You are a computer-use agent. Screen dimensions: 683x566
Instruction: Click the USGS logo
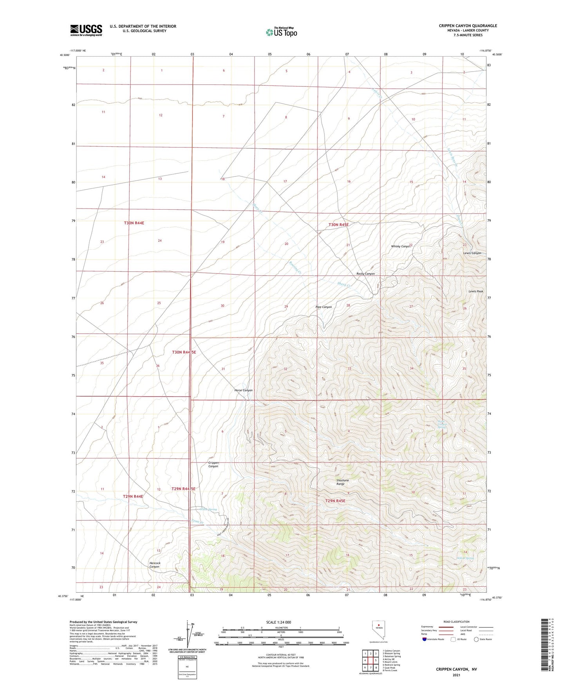coord(86,30)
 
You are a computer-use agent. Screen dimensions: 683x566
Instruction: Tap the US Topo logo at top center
coord(281,32)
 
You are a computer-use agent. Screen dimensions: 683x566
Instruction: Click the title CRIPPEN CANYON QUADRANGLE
coord(468,26)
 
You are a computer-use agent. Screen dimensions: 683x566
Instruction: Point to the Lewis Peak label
coord(476,291)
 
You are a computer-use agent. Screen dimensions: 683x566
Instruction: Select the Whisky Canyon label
coord(401,246)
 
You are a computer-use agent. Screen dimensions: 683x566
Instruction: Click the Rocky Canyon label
coord(365,274)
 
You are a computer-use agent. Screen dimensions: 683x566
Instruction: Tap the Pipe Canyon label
coord(324,307)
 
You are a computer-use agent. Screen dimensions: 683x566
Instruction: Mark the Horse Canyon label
coord(243,390)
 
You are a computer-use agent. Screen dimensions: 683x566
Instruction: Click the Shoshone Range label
coord(342,482)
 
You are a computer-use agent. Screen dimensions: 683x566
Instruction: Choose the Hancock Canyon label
coord(154,564)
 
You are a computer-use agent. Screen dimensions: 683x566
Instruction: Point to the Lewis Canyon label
coord(472,253)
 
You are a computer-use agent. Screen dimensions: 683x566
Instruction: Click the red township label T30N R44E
coord(134,223)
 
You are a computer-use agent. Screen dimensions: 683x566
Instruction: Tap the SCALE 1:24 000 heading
coord(278,622)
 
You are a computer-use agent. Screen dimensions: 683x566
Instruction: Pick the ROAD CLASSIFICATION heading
coord(456,622)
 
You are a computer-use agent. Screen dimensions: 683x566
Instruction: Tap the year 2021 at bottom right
coord(456,675)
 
